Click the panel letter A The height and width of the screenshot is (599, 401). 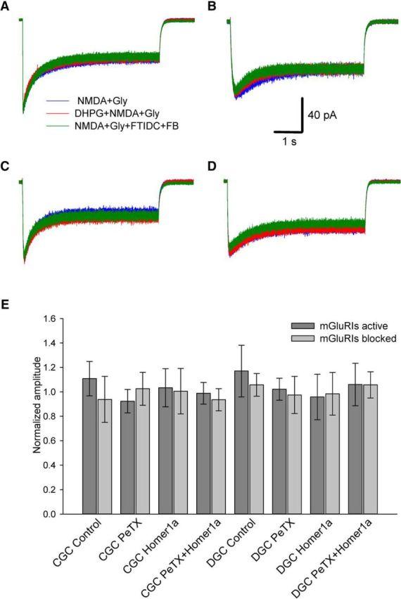(x=6, y=6)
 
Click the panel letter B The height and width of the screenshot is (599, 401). (x=211, y=6)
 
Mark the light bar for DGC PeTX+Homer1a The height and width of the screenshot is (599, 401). (x=371, y=449)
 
